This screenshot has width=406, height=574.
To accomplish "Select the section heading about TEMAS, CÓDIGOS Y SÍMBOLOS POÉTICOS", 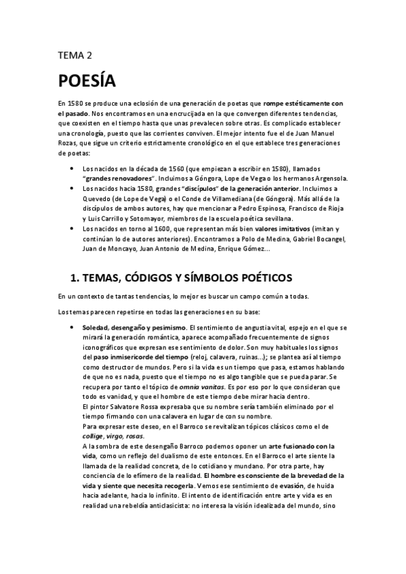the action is pos(182,278).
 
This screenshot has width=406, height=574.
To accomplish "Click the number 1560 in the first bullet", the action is pos(162,168).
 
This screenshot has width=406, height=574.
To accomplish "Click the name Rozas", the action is pos(70,143).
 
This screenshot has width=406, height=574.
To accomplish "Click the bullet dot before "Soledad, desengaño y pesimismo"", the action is pos(72,328).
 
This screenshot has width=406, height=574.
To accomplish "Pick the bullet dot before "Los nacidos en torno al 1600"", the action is pos(72,229).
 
